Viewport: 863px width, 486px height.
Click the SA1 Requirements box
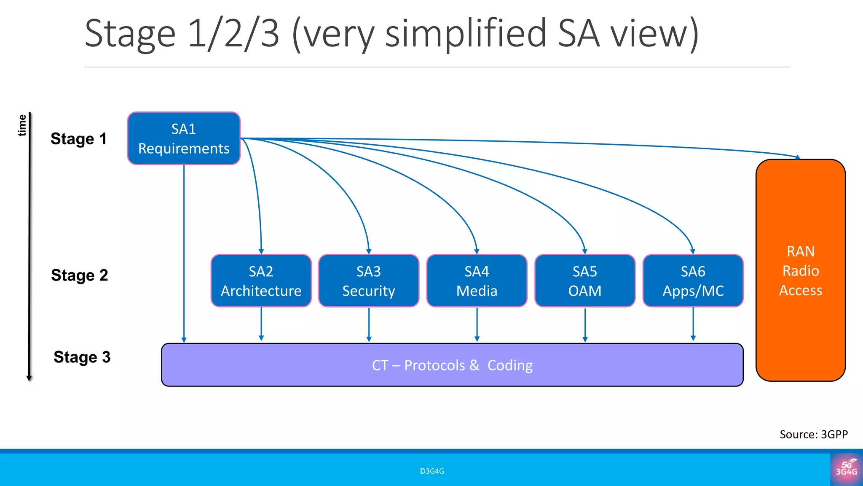click(x=184, y=138)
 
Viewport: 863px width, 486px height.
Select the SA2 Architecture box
click(x=261, y=281)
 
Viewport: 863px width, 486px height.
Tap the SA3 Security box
click(x=369, y=281)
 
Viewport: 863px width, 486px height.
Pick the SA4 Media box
click(x=477, y=281)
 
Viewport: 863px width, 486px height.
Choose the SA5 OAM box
click(x=584, y=281)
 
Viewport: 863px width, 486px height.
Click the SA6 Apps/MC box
click(x=693, y=281)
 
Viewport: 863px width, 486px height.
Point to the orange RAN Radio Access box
click(x=800, y=270)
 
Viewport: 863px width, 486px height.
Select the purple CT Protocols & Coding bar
click(x=452, y=365)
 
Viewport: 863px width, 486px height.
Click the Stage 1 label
click(x=78, y=139)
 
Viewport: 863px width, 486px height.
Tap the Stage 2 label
click(x=79, y=275)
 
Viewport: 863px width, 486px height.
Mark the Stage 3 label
click(x=82, y=357)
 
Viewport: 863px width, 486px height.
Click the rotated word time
click(x=22, y=125)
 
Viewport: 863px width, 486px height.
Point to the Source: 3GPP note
click(x=813, y=434)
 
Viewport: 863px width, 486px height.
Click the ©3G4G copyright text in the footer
click(x=431, y=471)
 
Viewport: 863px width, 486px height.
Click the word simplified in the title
click(x=466, y=34)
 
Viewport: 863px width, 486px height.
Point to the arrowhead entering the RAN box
click(x=798, y=157)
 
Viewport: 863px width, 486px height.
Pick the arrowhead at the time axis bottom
click(x=29, y=378)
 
